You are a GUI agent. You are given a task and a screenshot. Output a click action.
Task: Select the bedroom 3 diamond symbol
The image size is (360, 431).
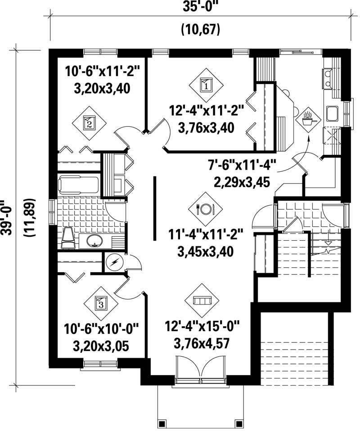click(x=100, y=303)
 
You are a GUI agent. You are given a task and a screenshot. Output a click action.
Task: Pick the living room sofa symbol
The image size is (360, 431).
click(x=202, y=300)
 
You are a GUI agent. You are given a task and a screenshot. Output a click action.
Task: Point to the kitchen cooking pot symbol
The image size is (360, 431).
click(x=309, y=119)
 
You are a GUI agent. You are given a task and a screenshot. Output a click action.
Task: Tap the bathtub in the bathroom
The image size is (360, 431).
click(x=79, y=184)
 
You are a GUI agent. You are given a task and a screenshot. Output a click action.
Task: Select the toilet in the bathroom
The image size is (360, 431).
click(x=68, y=238)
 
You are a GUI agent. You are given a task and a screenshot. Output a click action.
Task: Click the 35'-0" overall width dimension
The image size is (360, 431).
click(x=200, y=8)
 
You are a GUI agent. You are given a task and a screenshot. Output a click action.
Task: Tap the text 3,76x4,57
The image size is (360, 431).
click(x=202, y=344)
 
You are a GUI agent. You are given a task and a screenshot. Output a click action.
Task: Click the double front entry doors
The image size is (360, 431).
click(x=202, y=370)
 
